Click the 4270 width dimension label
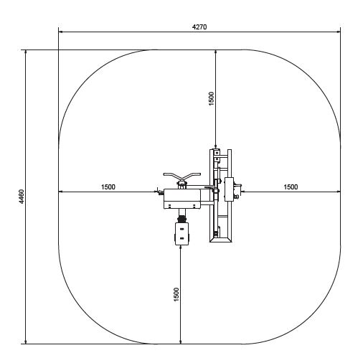199,27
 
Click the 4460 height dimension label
22,197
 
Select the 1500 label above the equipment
212,98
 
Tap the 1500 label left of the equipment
108,187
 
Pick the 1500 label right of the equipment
291,187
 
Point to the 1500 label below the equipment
176,295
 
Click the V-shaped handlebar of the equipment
182,176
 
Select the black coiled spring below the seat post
182,219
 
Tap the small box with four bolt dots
182,234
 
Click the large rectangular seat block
182,199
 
